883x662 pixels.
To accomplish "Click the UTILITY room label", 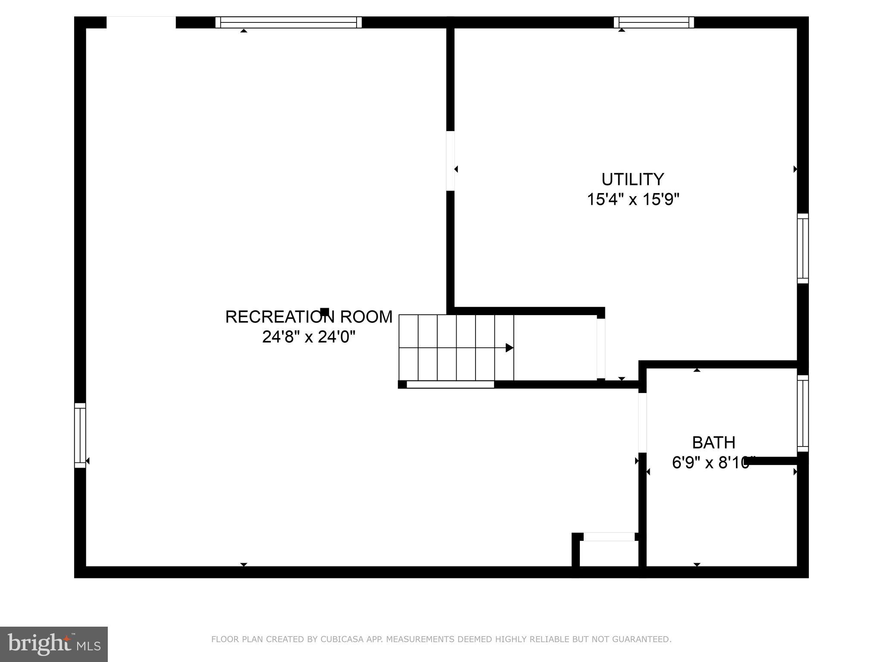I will [x=633, y=179].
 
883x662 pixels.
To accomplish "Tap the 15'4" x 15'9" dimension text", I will [x=633, y=200].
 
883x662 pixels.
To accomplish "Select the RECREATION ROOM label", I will [x=309, y=317].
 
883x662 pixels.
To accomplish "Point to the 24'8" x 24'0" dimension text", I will [x=309, y=337].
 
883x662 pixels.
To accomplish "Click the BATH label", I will [x=714, y=443].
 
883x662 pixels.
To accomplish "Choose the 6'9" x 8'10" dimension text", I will [x=711, y=463].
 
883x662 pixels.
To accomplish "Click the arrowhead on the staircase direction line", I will [x=509, y=348].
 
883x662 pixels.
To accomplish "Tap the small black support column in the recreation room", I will [x=325, y=312].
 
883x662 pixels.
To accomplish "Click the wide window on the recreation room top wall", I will [x=288, y=22].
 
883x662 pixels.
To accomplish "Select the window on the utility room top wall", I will [x=654, y=22].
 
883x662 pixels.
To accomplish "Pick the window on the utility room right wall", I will [x=802, y=249].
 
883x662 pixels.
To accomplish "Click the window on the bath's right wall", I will [x=802, y=413].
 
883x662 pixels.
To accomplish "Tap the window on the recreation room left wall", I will [x=80, y=435].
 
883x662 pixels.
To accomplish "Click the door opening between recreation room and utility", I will [x=450, y=161].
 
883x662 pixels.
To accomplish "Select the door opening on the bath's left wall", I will [x=642, y=422].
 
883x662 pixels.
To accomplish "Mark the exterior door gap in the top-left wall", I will [x=141, y=22].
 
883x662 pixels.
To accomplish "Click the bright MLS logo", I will [x=54, y=644].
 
